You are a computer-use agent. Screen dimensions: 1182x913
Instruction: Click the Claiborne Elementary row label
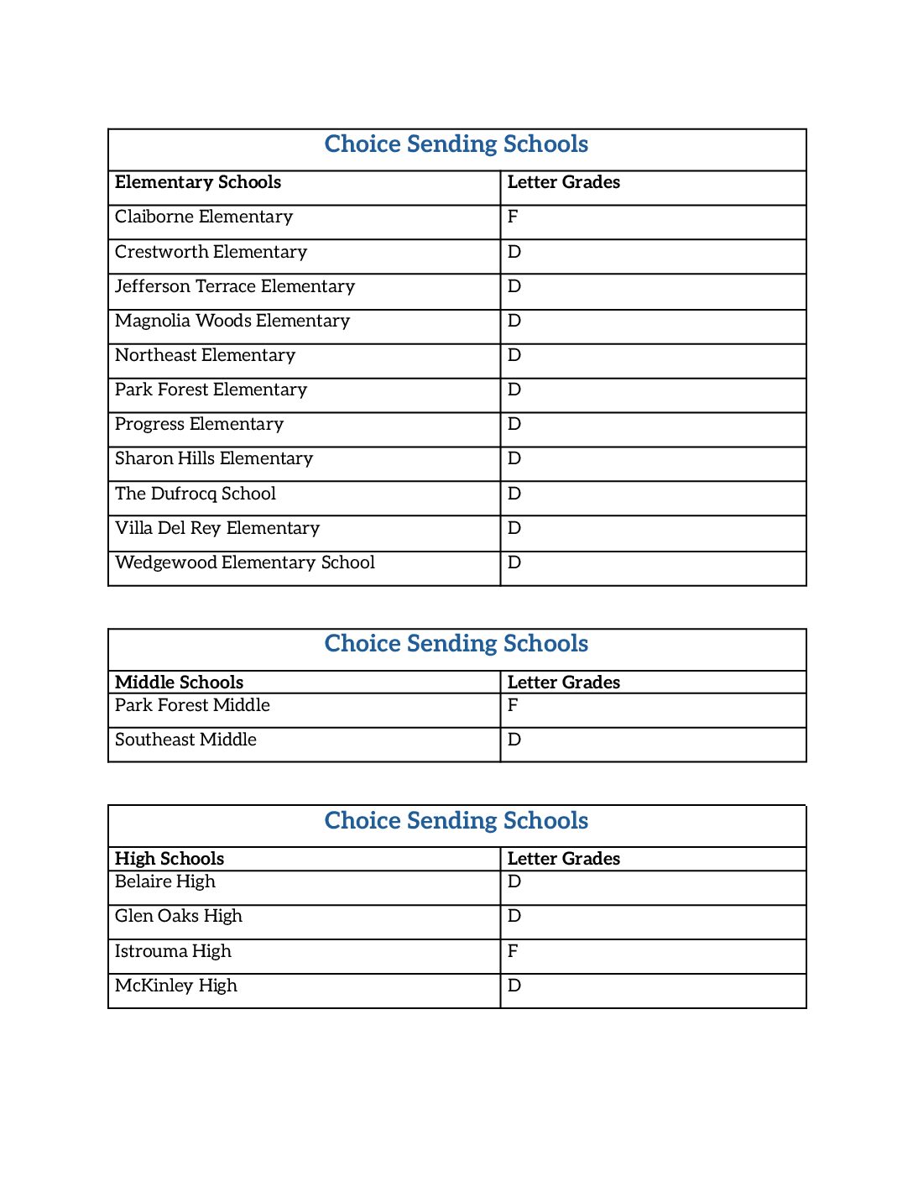coord(204,217)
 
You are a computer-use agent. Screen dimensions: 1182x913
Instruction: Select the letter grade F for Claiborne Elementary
coord(513,217)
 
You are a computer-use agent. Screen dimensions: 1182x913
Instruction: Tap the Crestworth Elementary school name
coord(211,252)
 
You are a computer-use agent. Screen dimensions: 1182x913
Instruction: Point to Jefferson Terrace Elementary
coord(235,286)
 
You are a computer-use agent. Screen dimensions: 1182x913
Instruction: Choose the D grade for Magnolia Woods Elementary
coord(514,321)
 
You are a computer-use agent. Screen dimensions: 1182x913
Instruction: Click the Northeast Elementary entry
coord(205,355)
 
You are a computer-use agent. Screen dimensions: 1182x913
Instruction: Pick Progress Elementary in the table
coord(199,424)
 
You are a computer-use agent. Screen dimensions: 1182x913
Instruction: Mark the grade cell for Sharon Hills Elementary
coord(514,458)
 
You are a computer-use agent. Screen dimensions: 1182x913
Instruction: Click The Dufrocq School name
coord(196,494)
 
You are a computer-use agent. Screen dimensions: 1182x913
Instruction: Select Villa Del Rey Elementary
coord(217,528)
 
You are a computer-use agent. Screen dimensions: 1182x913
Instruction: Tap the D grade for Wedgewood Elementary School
coord(514,562)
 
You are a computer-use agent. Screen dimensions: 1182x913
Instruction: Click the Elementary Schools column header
coord(198,182)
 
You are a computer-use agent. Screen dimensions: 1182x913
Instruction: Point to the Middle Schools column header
coord(179,683)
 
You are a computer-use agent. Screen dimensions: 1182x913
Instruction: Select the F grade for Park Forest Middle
coord(513,705)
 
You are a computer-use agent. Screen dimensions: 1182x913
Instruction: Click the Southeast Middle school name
coord(185,740)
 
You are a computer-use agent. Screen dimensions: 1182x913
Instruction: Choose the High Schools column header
coord(170,859)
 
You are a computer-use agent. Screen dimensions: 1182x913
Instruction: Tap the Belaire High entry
coord(165,881)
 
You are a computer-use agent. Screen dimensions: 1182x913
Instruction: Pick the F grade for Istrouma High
coord(513,951)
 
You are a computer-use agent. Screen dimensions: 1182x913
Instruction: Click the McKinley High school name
coord(176,986)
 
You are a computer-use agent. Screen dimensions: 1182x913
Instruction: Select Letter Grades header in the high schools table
coord(564,859)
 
